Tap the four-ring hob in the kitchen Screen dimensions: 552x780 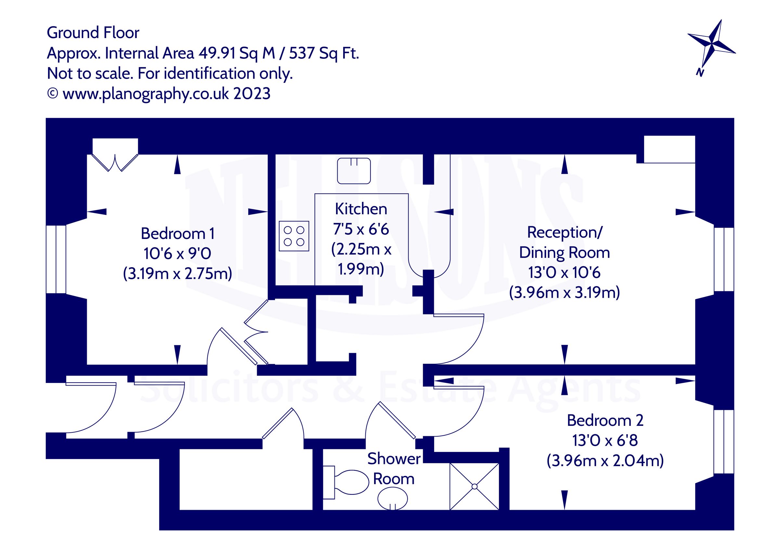(294, 236)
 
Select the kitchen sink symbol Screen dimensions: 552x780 (354, 171)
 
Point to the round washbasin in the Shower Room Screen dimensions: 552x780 (392, 499)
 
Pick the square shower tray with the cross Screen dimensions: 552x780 (474, 486)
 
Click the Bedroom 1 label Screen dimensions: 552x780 (177, 233)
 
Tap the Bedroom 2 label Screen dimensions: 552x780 (605, 420)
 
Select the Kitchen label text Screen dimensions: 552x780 (361, 209)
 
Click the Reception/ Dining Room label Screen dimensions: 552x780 (564, 242)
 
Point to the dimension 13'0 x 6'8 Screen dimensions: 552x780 (605, 440)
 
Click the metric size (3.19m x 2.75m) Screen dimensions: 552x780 (177, 273)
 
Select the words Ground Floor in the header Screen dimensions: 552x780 (93, 33)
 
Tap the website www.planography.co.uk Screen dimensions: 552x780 (146, 94)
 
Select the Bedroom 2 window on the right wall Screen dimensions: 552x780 (723, 441)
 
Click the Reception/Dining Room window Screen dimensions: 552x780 (723, 259)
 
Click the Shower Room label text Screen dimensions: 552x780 (394, 468)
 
